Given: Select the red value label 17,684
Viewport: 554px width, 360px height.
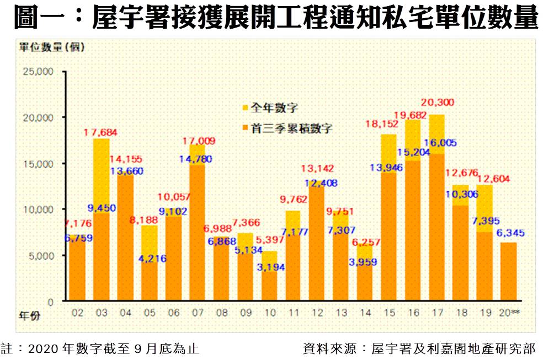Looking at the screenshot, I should (102, 132).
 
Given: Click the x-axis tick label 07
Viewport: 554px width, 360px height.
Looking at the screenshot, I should (196, 313).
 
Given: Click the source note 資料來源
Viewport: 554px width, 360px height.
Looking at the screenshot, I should (419, 348).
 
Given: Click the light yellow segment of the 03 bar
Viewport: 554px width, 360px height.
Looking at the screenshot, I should (101, 176).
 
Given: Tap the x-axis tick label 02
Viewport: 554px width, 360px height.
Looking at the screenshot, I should (77, 313).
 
